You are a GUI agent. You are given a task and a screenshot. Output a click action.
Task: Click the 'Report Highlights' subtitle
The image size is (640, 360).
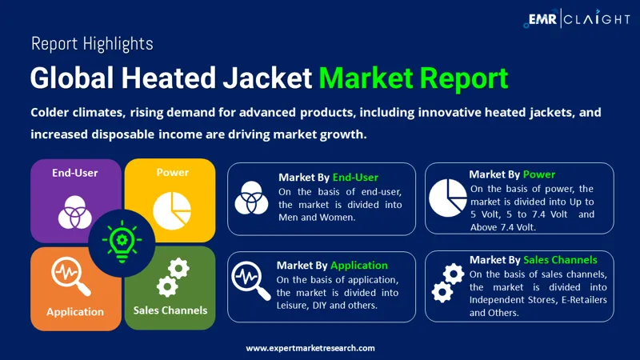pyautogui.click(x=92, y=43)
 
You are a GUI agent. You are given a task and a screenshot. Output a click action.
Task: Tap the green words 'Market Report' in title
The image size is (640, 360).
pyautogui.click(x=413, y=78)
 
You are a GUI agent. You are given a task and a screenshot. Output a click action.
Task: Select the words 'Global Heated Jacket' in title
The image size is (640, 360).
pyautogui.click(x=170, y=78)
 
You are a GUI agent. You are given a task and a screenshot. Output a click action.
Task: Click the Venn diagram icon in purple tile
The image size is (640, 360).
pyautogui.click(x=75, y=212)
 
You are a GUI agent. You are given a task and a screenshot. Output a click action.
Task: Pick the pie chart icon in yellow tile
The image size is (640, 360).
pyautogui.click(x=170, y=210)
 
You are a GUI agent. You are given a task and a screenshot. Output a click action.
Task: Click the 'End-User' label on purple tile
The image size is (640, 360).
pyautogui.click(x=75, y=172)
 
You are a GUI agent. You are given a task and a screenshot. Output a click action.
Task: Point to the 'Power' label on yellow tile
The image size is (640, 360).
pyautogui.click(x=172, y=172)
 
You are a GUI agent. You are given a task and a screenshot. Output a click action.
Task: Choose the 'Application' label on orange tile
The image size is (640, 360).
pyautogui.click(x=75, y=311)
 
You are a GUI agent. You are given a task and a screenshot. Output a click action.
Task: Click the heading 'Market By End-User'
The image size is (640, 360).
pyautogui.click(x=328, y=177)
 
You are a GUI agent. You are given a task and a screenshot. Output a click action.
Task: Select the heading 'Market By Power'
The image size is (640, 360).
pyautogui.click(x=512, y=174)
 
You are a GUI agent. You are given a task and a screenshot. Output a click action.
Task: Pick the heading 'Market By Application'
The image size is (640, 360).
pyautogui.click(x=332, y=265)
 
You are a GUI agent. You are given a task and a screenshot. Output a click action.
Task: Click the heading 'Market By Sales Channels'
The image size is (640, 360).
pyautogui.click(x=533, y=259)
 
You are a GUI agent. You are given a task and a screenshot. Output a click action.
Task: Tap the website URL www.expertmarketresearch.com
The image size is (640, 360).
pyautogui.click(x=310, y=348)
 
